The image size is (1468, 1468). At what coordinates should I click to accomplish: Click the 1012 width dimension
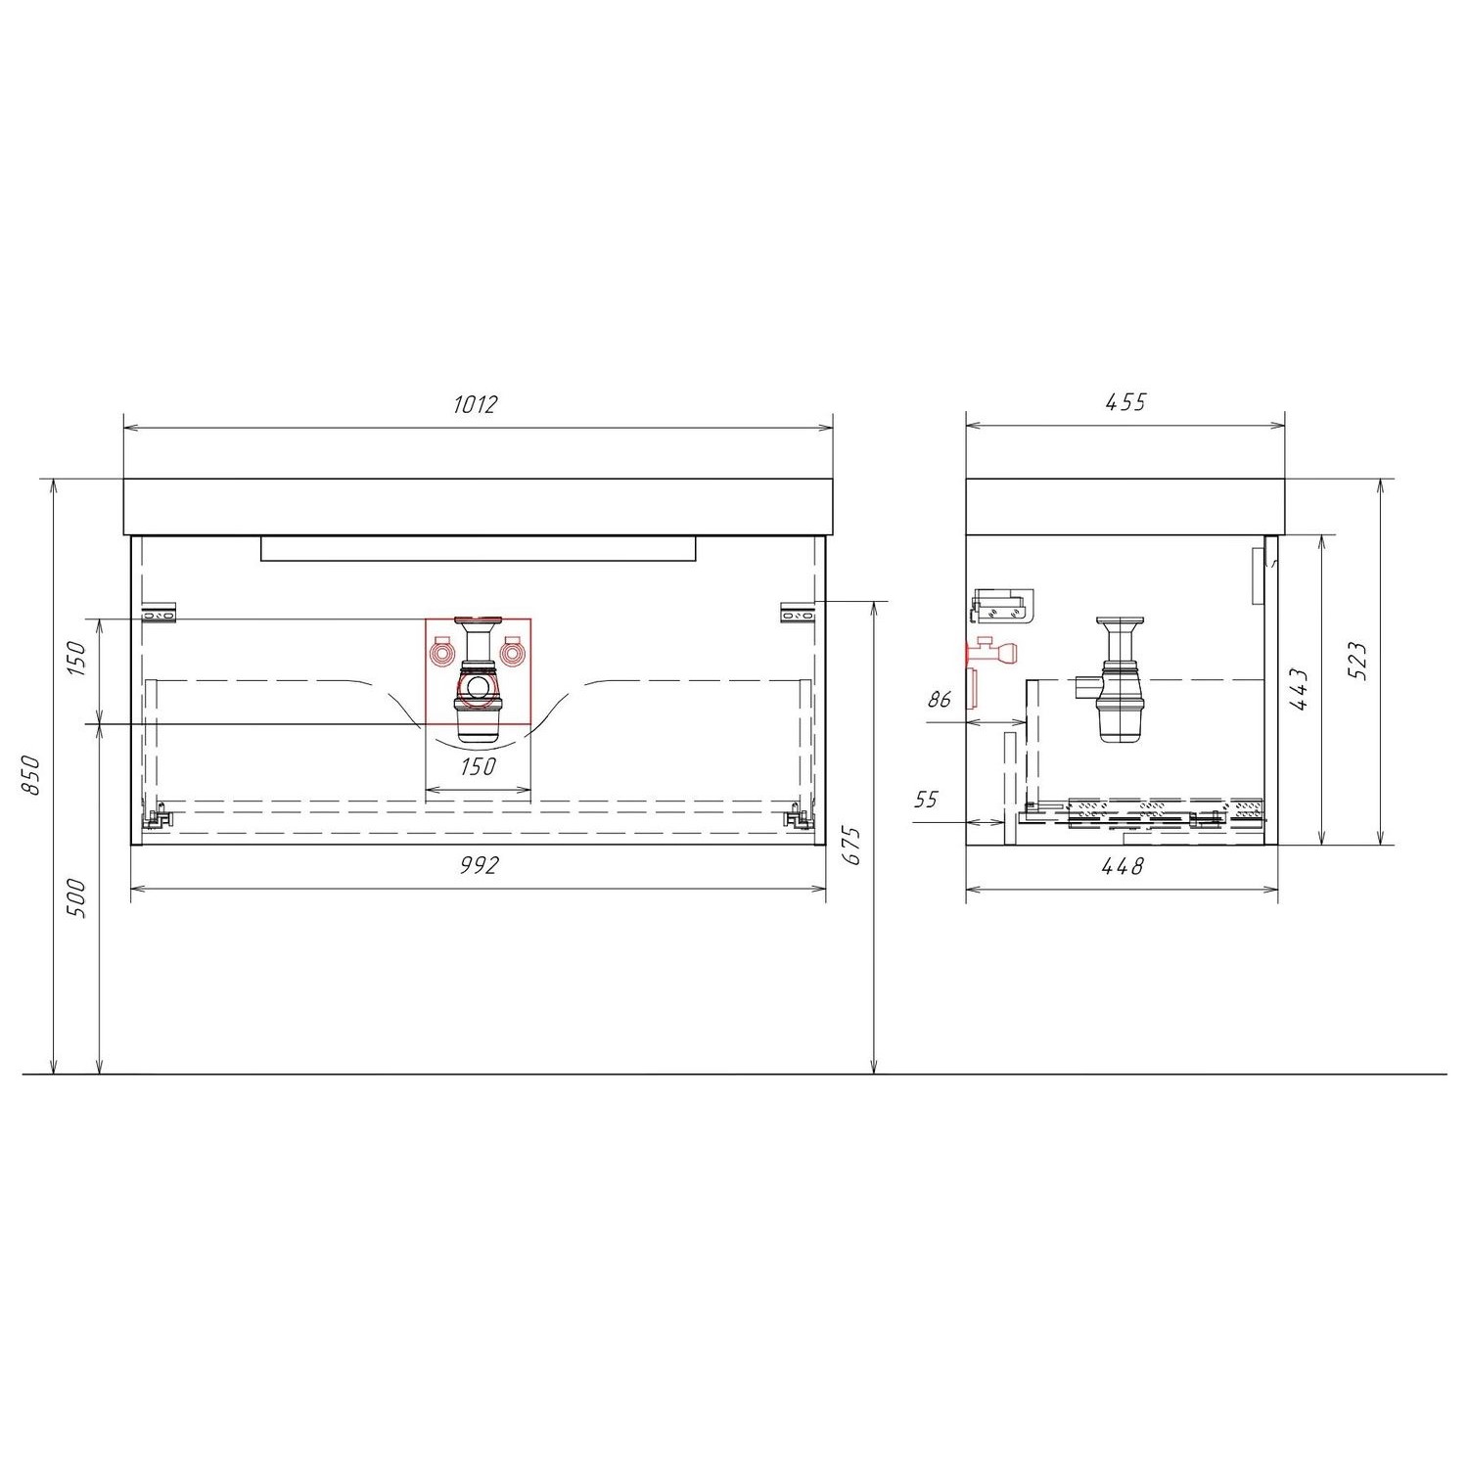coord(477,403)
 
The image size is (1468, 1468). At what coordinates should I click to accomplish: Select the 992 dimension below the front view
coord(479,865)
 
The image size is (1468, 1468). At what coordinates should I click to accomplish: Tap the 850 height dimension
coord(31,776)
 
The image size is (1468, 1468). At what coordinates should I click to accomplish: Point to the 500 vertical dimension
coord(78,898)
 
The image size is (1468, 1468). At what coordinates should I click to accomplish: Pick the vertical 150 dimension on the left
coord(78,661)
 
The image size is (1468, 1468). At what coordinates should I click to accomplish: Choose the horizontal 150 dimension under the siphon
coord(478,766)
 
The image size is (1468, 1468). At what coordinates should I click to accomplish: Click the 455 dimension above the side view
coord(1125,402)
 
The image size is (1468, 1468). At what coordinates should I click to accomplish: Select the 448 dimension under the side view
coord(1124,865)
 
